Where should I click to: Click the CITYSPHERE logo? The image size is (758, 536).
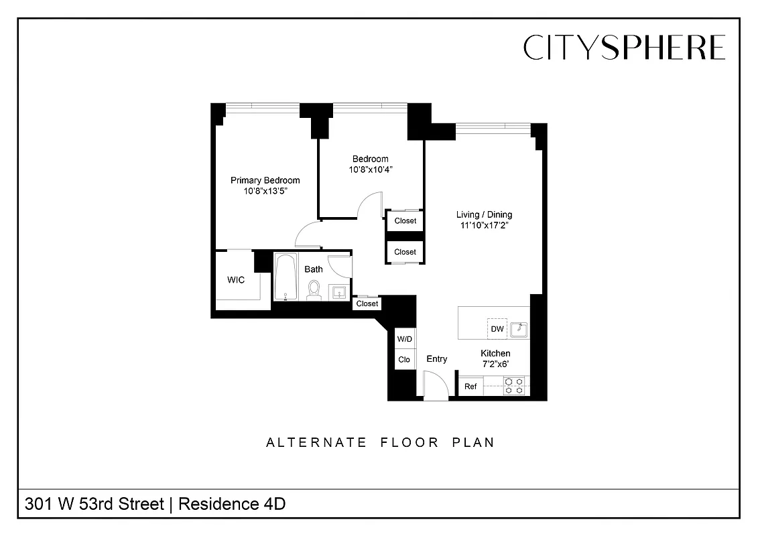[624, 48]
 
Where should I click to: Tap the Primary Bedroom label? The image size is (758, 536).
[265, 180]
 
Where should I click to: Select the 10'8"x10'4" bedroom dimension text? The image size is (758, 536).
[370, 170]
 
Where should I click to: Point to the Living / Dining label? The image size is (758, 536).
[484, 214]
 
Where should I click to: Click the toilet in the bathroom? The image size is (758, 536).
[313, 289]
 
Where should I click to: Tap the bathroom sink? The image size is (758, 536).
[338, 292]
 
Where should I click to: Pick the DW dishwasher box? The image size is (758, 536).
[497, 328]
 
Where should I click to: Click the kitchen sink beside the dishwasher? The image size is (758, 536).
[519, 329]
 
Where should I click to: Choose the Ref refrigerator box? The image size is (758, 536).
[470, 387]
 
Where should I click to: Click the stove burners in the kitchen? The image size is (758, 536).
[514, 386]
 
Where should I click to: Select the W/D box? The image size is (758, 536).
[404, 339]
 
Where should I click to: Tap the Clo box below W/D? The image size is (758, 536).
[404, 360]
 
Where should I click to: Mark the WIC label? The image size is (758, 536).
[235, 279]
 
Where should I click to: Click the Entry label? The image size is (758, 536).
[437, 359]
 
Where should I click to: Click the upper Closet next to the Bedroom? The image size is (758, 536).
[405, 220]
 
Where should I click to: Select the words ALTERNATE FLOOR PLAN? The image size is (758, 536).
[380, 442]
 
